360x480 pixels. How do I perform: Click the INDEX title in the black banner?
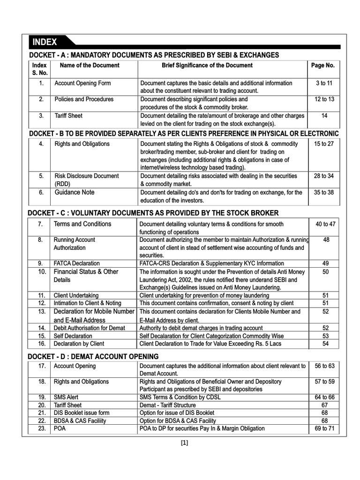(x=45, y=42)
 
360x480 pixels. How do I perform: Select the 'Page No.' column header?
(x=323, y=66)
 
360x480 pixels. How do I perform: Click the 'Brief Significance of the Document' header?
(x=207, y=66)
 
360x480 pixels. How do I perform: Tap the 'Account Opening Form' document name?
(x=83, y=83)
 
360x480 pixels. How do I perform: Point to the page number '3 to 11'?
(x=323, y=83)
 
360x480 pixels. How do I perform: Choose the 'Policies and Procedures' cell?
(x=84, y=99)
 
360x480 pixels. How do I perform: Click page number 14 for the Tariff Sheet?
(x=323, y=115)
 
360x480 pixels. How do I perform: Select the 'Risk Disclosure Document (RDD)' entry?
(x=87, y=180)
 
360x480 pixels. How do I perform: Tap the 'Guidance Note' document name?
(x=75, y=192)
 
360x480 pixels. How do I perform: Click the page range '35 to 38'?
(x=323, y=192)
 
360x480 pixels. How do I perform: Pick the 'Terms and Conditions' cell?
(x=82, y=224)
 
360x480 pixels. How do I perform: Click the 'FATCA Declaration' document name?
(x=77, y=263)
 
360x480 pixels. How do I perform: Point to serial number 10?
(x=42, y=272)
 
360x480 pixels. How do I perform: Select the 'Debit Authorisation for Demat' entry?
(x=90, y=328)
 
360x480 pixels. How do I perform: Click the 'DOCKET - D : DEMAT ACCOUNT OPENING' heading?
(x=93, y=356)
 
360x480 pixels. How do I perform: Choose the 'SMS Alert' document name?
(x=66, y=397)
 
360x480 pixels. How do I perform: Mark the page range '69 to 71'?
(x=323, y=428)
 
